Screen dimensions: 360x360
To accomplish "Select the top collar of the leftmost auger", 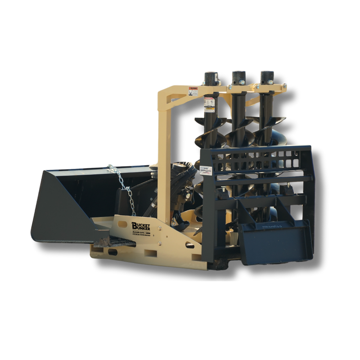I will coord(210,79).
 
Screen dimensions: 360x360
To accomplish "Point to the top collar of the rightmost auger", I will coord(266,77).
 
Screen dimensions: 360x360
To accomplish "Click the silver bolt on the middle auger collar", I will coord(243,82).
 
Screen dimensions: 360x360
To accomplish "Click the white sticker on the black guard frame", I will coord(207,170).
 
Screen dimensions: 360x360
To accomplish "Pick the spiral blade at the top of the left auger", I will coord(202,121).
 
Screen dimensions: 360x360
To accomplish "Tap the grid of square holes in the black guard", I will coord(261,157).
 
